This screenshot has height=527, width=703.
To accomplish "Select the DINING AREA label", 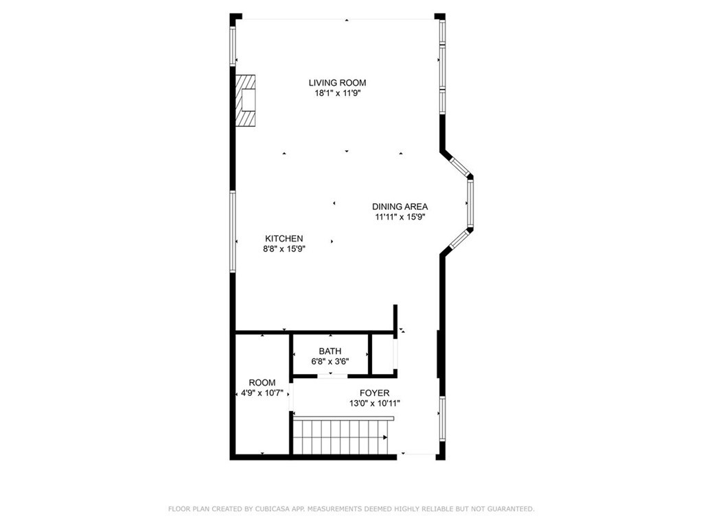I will point(400,207).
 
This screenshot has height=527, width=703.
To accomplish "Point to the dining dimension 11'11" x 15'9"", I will point(400,218).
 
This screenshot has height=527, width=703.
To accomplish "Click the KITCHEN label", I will point(284,238).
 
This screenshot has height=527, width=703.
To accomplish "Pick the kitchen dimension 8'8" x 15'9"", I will point(284,249).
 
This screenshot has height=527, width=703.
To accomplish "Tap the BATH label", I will point(330,351).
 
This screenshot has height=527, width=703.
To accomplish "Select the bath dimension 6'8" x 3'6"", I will point(330,362).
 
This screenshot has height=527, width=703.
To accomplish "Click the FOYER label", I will point(374,393).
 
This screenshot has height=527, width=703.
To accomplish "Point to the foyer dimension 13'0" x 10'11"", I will point(374,403).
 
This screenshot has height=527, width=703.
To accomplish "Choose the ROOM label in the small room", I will point(262,383).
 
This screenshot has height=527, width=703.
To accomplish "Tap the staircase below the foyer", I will point(340,437).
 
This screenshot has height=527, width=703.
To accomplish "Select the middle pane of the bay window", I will point(470,204).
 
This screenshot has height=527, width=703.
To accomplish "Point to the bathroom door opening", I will point(332,375).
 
